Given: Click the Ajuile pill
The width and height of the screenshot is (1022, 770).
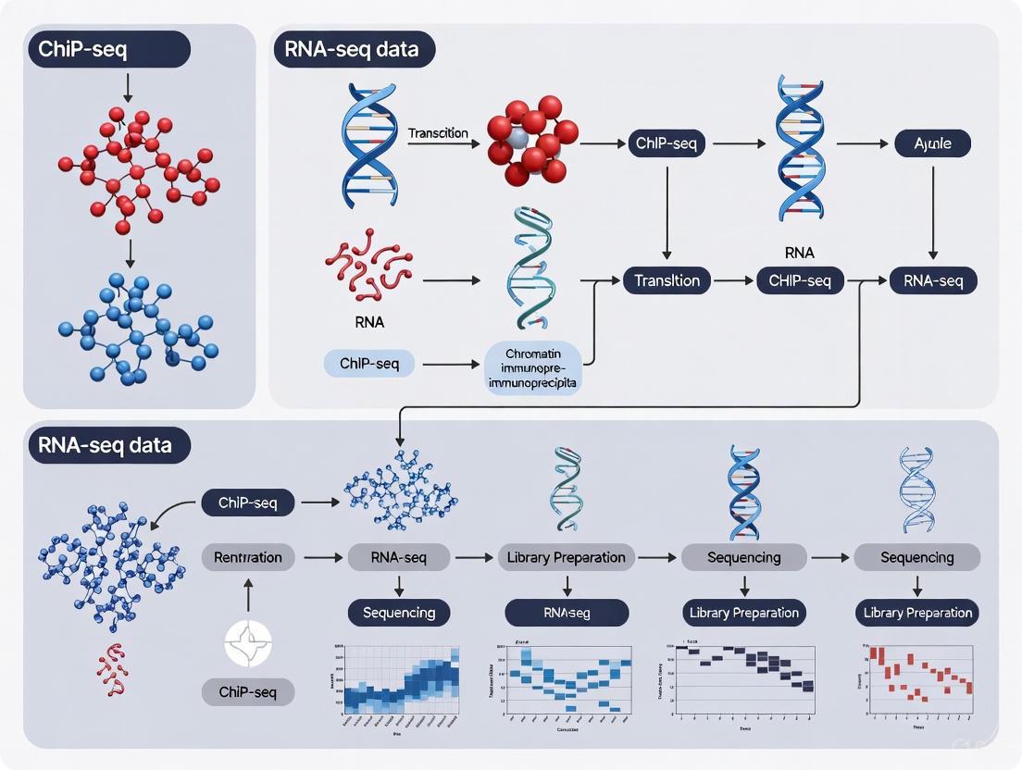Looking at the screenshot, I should [933, 143].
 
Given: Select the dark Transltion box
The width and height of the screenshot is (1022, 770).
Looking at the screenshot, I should [667, 280].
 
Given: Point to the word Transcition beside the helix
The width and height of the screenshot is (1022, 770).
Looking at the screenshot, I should [438, 133].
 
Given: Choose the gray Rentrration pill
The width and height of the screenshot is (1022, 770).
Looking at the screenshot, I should [248, 557].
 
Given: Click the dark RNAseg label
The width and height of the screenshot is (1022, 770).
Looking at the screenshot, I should [567, 612].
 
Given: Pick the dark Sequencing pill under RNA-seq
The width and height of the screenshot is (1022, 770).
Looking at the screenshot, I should [399, 612].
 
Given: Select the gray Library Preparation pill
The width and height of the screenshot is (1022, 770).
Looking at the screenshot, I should [567, 557].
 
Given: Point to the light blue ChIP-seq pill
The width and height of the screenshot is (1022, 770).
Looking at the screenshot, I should [368, 364].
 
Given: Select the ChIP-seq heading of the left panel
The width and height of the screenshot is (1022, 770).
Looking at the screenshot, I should [109, 50].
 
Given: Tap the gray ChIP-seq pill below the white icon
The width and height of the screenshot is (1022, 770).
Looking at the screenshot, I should [248, 691].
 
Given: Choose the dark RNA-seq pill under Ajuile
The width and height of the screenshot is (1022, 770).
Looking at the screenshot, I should [933, 280].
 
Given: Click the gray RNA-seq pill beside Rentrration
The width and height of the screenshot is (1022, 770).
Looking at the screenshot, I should [399, 557].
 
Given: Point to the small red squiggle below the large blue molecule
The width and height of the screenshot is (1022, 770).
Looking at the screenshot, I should [111, 670].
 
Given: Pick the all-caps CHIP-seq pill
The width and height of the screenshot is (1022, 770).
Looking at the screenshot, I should [800, 280].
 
